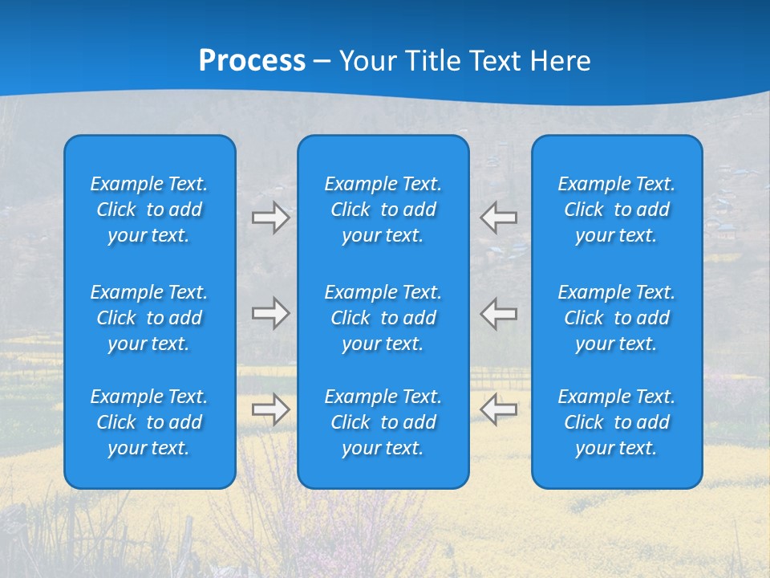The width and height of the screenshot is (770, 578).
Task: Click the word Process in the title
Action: [x=252, y=61]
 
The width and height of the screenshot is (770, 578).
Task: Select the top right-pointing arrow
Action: [x=270, y=218]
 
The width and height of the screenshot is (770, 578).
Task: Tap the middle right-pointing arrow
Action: [x=270, y=313]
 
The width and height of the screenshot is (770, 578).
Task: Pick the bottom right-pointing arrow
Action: [x=270, y=409]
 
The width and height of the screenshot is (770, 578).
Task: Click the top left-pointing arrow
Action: [x=499, y=218]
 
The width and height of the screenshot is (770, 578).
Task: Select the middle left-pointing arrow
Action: [x=499, y=313]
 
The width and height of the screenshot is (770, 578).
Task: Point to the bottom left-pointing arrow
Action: [x=499, y=409]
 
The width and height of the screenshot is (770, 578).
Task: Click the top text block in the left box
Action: [x=149, y=210]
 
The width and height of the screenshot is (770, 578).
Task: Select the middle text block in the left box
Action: [x=149, y=318]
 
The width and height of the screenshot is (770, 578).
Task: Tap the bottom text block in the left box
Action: [x=149, y=422]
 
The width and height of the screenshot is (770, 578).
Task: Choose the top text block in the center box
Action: [x=383, y=210]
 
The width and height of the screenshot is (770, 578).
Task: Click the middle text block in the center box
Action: [x=383, y=318]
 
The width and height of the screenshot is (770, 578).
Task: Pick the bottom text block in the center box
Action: [x=383, y=422]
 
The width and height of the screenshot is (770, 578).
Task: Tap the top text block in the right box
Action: [x=617, y=210]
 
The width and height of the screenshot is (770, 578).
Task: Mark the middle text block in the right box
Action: [x=617, y=318]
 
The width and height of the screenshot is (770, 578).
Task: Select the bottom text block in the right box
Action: [x=617, y=422]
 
